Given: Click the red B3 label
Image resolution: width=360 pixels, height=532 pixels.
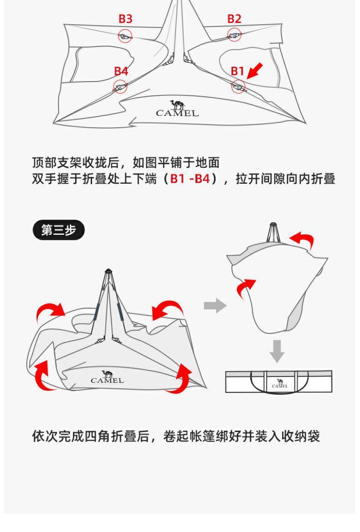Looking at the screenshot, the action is click(125, 19).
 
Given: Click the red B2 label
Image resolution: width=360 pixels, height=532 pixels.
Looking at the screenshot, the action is click(234, 19).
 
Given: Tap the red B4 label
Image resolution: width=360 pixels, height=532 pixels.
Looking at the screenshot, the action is click(121, 71).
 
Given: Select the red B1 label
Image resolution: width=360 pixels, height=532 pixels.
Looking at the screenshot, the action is click(237, 71).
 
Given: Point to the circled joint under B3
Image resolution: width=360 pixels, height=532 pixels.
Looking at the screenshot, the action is click(125, 36).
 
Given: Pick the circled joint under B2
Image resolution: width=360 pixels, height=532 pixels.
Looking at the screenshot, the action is click(234, 34).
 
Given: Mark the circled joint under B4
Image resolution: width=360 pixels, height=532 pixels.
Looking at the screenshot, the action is click(120, 86).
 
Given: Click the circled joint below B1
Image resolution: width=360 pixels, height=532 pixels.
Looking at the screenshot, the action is click(238, 86).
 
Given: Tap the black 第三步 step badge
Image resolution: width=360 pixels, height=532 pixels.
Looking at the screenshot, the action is click(59, 230).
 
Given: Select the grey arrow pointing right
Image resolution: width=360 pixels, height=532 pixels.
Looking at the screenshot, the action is click(215, 305).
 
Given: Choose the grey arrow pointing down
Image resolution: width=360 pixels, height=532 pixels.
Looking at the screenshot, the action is click(277, 351).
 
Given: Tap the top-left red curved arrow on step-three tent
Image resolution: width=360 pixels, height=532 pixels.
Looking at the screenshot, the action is click(50, 313).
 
